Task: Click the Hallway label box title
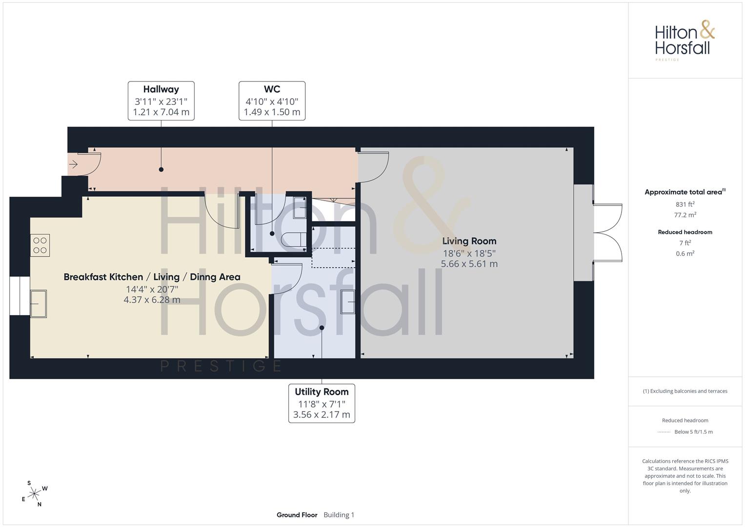tap(161, 89)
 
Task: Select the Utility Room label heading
tap(322, 392)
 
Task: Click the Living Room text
tap(469, 241)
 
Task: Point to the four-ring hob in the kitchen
tap(40, 245)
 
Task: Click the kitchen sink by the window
tap(38, 304)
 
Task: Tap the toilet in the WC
tap(293, 239)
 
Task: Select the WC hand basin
tap(300, 207)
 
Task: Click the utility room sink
tap(348, 302)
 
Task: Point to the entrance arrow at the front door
tap(73, 164)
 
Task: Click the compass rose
tap(34, 494)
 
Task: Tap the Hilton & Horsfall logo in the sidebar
tap(685, 41)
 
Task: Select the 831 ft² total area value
tap(685, 204)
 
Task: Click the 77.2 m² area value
tap(685, 215)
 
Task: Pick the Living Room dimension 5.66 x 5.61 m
tap(469, 264)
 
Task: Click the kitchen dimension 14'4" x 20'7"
tap(152, 289)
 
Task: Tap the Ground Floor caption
tap(297, 515)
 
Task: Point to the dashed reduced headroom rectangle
tap(333, 258)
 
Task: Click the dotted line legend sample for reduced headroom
tap(664, 432)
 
